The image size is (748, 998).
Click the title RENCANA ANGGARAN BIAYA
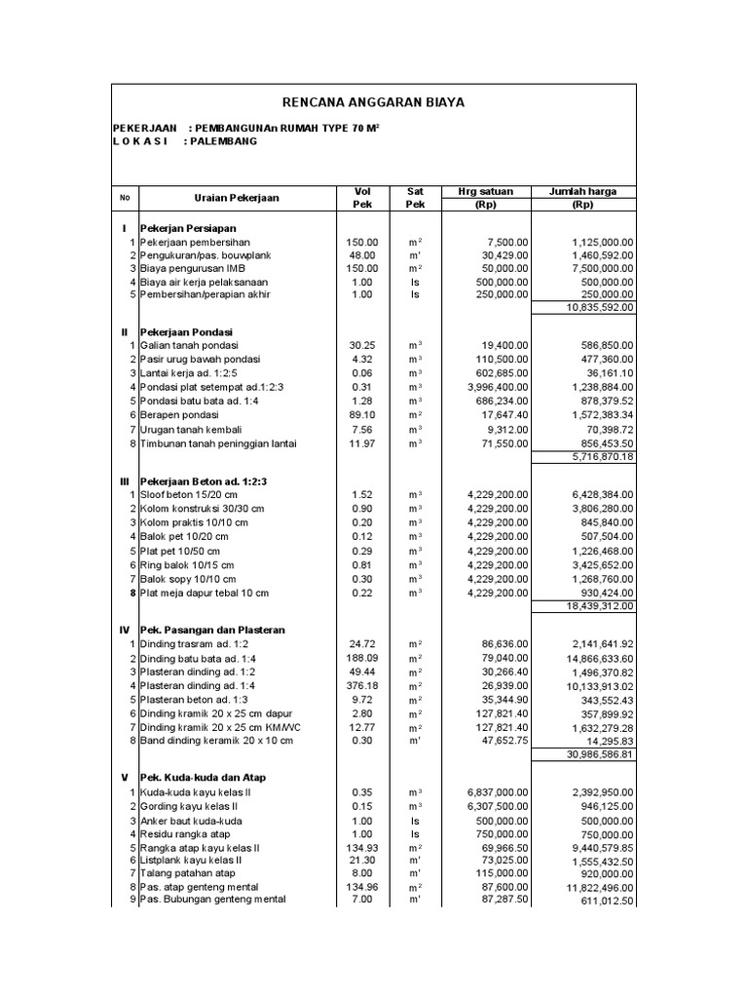[373, 101]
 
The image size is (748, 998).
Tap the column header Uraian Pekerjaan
[237, 198]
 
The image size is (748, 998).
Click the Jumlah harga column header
[583, 192]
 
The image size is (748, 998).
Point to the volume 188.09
[360, 658]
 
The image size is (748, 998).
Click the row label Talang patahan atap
[187, 873]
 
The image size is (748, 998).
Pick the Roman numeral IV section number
[124, 631]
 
